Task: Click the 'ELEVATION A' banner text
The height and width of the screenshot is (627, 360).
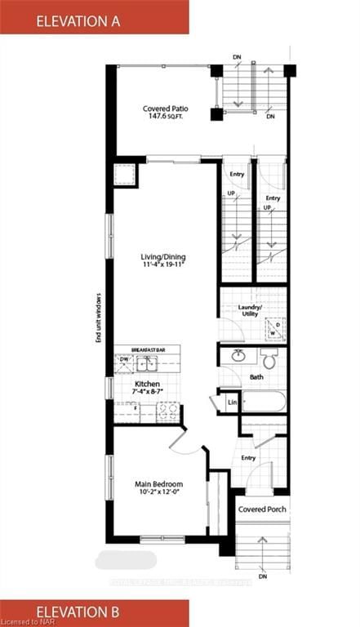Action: coord(78,21)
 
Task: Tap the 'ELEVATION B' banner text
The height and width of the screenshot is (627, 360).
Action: coord(78,611)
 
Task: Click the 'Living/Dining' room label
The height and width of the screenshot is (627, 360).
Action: coord(163,256)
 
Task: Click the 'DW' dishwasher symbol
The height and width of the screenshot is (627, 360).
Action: coord(124,359)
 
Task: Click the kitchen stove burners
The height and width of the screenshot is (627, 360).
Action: coord(168,413)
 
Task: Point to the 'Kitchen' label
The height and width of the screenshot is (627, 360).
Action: coord(147,384)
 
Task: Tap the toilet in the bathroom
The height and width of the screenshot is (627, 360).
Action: coord(269,358)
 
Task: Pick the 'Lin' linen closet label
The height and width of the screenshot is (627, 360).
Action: coord(232,402)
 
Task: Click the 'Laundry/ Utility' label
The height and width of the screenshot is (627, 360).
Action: coord(249,310)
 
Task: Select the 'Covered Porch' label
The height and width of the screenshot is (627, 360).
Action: coord(260,509)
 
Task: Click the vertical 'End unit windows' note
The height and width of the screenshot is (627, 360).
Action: coord(98,317)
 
